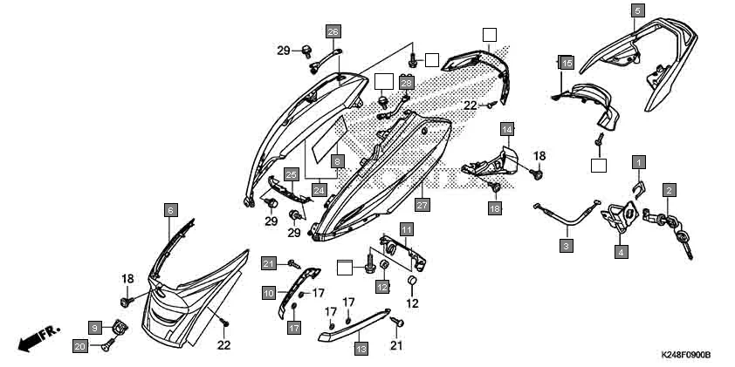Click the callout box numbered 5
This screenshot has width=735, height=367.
tap(637, 10)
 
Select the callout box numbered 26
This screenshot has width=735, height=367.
tap(333, 32)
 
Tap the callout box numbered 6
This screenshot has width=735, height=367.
tap(171, 209)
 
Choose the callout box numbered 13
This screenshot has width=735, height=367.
tap(361, 348)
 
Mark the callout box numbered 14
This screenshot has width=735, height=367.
tap(506, 130)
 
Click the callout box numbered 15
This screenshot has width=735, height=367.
tap(567, 64)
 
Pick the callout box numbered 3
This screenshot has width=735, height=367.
tap(567, 247)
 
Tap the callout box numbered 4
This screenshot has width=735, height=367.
tap(622, 252)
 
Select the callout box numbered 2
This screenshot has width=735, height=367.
tap(669, 190)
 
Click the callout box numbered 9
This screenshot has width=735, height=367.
tap(95, 326)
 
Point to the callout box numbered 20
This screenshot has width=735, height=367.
tap(79, 346)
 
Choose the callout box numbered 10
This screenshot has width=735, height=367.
tap(269, 293)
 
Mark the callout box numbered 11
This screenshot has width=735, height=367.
tap(407, 229)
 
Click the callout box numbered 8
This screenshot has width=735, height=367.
tap(337, 161)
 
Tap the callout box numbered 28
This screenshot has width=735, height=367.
tap(406, 81)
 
